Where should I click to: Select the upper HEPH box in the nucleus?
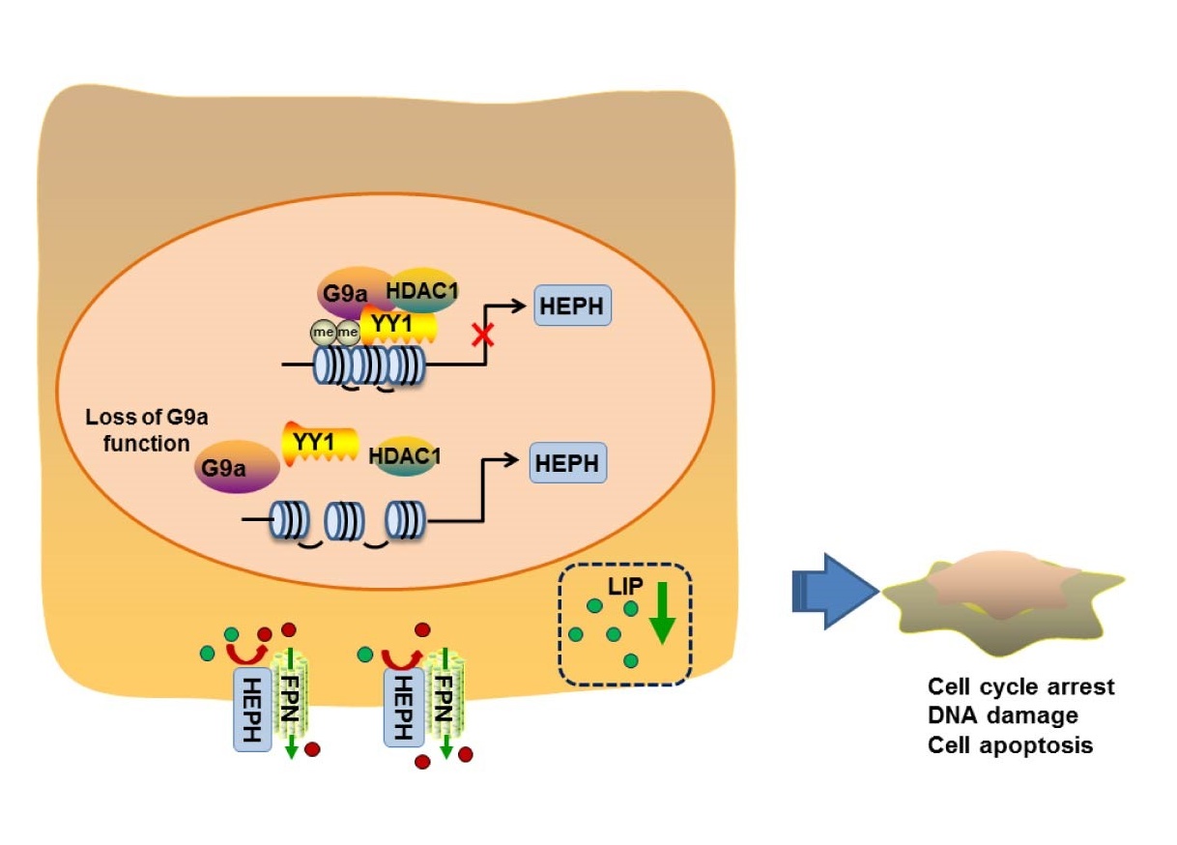(x=573, y=307)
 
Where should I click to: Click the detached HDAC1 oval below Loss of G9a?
(x=404, y=456)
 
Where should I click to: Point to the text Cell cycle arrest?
(x=1020, y=686)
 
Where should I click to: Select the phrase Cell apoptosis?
(x=1010, y=745)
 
